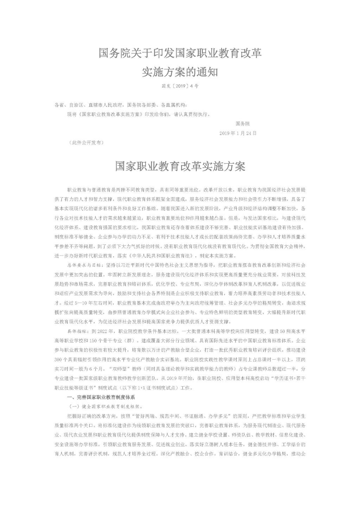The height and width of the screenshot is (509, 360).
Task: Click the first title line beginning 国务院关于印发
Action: click(x=180, y=54)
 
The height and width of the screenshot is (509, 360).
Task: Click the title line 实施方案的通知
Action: click(x=180, y=72)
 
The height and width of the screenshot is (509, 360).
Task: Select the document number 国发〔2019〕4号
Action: click(x=180, y=86)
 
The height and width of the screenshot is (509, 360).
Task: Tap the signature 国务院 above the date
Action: click(x=243, y=124)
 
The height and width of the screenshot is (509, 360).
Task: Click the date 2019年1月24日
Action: click(x=238, y=133)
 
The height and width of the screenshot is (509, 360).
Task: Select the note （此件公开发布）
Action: click(x=86, y=143)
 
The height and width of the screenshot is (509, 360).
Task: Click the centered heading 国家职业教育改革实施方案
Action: click(x=180, y=167)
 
